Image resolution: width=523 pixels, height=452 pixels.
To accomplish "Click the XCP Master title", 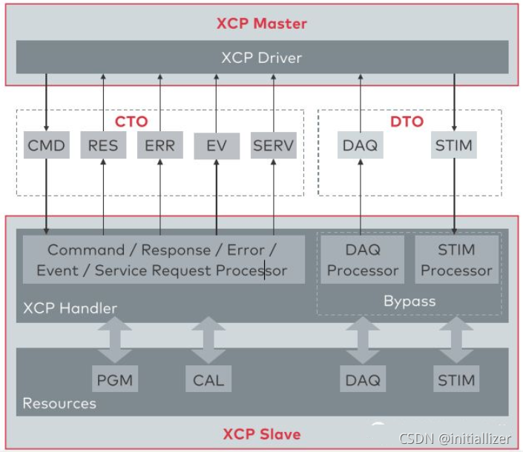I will pyautogui.click(x=261, y=23).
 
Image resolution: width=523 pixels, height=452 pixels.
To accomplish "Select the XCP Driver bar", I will pyautogui.click(x=261, y=57).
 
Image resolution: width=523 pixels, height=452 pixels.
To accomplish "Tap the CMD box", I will pyautogui.click(x=46, y=145).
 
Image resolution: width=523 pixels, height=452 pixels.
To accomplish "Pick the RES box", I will pyautogui.click(x=103, y=145).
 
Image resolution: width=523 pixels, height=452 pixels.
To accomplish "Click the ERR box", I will pyautogui.click(x=159, y=145).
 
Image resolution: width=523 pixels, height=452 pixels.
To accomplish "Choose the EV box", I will pyautogui.click(x=216, y=146).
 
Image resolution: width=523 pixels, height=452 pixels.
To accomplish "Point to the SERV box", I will pyautogui.click(x=273, y=145).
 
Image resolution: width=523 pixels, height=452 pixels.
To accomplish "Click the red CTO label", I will pyautogui.click(x=131, y=121).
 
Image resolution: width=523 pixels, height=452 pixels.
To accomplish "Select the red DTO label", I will pyautogui.click(x=406, y=121).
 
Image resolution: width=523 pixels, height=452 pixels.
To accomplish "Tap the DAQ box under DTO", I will pyautogui.click(x=361, y=145).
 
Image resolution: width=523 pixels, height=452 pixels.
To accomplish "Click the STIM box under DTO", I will pyautogui.click(x=453, y=145).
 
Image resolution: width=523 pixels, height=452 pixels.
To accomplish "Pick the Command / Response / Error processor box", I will pyautogui.click(x=162, y=259).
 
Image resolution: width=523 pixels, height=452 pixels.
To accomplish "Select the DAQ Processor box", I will pyautogui.click(x=362, y=259).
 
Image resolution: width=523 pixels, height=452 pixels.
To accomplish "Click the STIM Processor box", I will pyautogui.click(x=456, y=259).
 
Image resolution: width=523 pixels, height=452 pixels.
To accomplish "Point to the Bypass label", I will pyautogui.click(x=409, y=301).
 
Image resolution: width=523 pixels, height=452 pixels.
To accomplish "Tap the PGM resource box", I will pyautogui.click(x=115, y=380).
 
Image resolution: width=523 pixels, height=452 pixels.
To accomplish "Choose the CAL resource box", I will pyautogui.click(x=208, y=380).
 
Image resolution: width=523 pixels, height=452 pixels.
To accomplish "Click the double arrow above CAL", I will pyautogui.click(x=208, y=340).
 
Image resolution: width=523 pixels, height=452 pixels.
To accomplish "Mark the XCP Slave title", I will pyautogui.click(x=262, y=433).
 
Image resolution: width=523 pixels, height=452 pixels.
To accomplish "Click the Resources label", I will pyautogui.click(x=59, y=404).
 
